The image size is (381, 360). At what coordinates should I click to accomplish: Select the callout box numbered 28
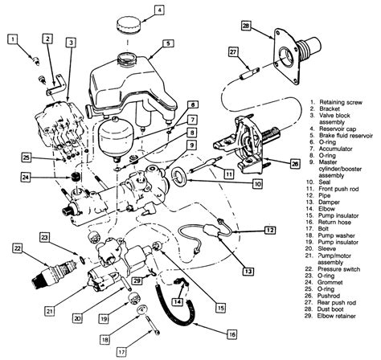tap(246, 27)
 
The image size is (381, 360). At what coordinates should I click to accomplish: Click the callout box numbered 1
tap(14, 37)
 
